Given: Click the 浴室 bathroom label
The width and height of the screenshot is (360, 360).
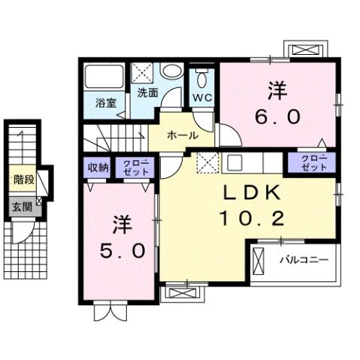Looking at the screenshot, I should (x=104, y=102).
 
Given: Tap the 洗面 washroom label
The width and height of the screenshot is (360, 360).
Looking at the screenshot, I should (x=147, y=93).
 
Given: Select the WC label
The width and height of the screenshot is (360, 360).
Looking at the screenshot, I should (x=201, y=98).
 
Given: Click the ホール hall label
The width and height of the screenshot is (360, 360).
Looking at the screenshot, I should (x=183, y=135).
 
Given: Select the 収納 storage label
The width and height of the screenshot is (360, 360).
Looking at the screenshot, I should (x=98, y=167).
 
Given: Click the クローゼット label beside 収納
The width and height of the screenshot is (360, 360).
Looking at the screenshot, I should (x=136, y=167).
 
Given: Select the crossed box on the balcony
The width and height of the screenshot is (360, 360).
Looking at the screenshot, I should (x=260, y=261).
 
